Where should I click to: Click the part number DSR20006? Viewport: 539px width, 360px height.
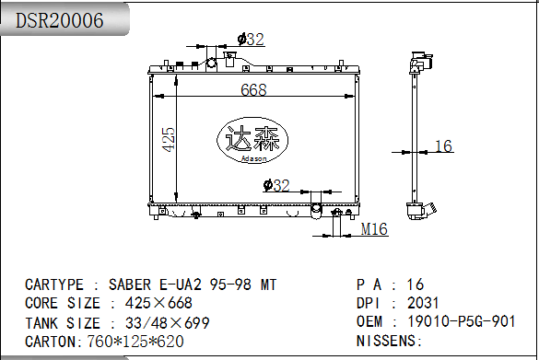tap(60, 20)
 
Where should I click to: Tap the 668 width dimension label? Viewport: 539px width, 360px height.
tap(253, 89)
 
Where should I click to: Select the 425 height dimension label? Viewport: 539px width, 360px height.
tap(169, 139)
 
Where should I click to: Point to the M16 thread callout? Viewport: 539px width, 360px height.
tap(374, 229)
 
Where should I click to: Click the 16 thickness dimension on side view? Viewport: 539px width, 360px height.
tap(443, 146)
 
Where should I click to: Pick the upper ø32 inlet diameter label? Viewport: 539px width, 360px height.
tap(251, 40)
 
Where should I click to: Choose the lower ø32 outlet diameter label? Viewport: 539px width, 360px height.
tap(276, 185)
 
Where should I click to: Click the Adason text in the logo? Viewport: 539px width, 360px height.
tap(253, 158)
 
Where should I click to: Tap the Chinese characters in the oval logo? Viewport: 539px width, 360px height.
tap(252, 138)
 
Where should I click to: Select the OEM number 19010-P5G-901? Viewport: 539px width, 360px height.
tap(462, 321)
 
